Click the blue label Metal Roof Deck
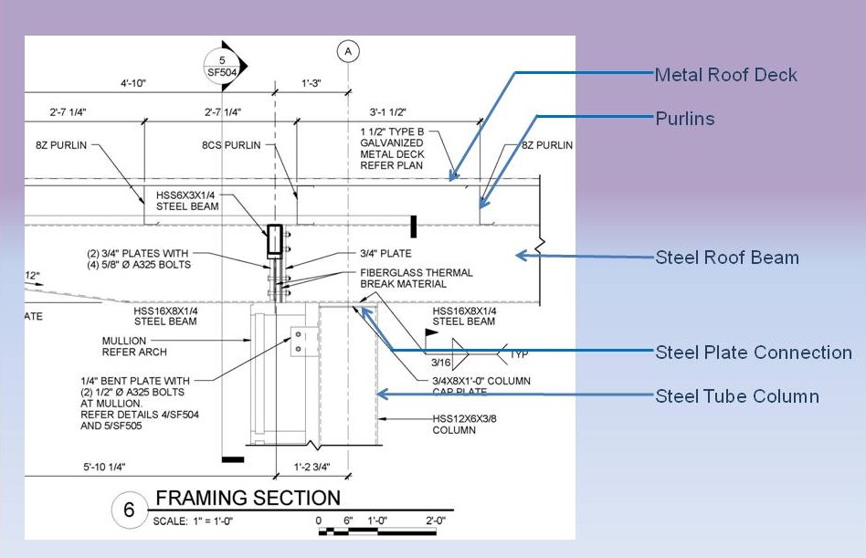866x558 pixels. pos(725,75)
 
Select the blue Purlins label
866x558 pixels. pos(685,119)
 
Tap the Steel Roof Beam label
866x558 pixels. pos(727,258)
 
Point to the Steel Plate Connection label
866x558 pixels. pos(754,353)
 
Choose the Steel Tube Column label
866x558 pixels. pos(737,396)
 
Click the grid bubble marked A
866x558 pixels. pos(348,51)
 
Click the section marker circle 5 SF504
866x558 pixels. pos(222,67)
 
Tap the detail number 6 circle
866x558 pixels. pos(129,510)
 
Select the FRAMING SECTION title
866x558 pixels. pos(248,498)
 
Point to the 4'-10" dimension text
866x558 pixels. pos(133,83)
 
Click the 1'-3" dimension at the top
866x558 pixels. pos(312,83)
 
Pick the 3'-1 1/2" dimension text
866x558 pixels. pos(387,112)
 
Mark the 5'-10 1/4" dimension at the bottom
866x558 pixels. pos(104,467)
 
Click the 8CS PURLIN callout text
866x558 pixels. pos(231,145)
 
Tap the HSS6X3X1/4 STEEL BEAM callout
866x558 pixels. pos(187,201)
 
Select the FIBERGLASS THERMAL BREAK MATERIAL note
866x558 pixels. pos(417,279)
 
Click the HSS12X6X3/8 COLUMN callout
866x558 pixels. pos(464,425)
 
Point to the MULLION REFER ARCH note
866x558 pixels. pos(134,347)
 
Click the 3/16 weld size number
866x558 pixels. pos(440,363)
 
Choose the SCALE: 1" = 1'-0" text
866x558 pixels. pos(193,521)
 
